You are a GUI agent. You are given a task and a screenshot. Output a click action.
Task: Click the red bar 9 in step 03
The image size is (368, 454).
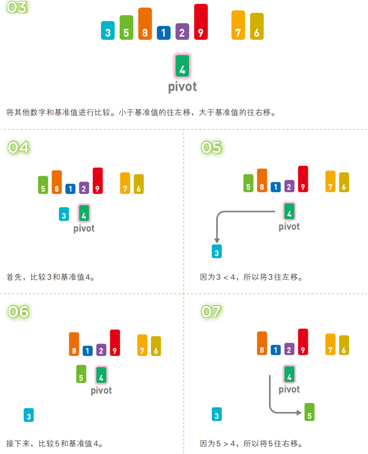(x=201, y=22)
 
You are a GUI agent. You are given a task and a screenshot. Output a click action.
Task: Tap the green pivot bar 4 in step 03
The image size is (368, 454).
(x=183, y=66)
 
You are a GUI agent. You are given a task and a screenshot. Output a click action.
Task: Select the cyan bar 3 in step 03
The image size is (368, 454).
(x=108, y=31)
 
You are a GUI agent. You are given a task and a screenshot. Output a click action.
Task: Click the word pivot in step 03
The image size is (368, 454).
(x=183, y=87)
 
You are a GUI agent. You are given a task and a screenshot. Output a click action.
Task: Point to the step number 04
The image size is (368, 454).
(x=19, y=147)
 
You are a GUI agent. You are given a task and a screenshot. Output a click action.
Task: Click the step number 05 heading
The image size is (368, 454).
(x=211, y=147)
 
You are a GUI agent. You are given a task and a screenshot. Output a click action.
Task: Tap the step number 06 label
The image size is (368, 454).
(x=19, y=312)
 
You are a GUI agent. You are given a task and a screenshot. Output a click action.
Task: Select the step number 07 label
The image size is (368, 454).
(x=211, y=312)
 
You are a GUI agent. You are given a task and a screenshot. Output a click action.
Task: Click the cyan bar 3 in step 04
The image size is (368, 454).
(x=64, y=214)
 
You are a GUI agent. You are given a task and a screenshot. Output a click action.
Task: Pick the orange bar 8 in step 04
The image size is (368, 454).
(x=57, y=182)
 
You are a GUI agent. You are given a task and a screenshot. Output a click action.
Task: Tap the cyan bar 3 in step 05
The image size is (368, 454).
(x=217, y=252)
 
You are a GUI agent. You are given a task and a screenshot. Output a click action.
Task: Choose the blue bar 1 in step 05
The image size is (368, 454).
(x=276, y=186)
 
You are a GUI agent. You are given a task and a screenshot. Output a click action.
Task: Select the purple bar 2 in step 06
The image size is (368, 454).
(x=101, y=350)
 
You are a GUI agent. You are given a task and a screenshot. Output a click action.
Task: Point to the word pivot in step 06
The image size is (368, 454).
(x=101, y=390)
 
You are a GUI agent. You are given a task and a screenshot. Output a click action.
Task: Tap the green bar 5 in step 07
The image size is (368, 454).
(x=310, y=412)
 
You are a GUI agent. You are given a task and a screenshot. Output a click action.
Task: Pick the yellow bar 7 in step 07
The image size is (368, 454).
(x=331, y=344)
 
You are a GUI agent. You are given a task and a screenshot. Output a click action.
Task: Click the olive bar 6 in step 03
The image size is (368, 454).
(x=257, y=27)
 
